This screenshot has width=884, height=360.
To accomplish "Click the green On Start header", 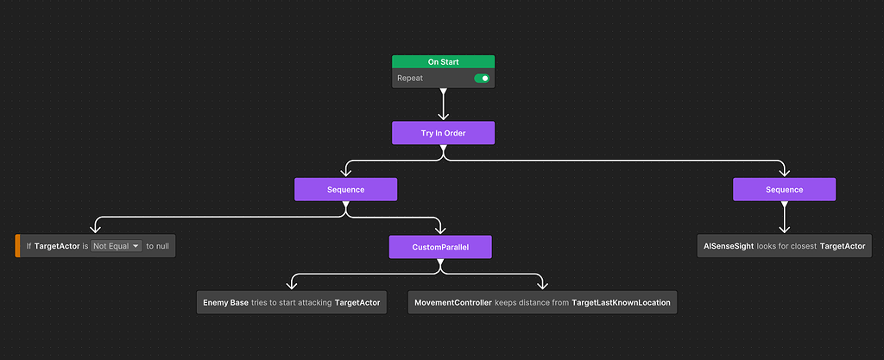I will click(443, 62).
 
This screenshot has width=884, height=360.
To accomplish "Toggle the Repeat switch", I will click(482, 79).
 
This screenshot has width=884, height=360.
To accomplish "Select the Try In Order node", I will click(443, 133).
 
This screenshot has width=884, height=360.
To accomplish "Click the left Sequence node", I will click(345, 189).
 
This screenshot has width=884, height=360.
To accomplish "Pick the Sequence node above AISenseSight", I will click(784, 189).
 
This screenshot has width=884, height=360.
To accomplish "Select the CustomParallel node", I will click(440, 248).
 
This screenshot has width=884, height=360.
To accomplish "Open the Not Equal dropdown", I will click(117, 246).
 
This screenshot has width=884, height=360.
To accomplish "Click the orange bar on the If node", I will click(17, 246).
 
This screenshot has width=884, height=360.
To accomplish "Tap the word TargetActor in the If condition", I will click(57, 246).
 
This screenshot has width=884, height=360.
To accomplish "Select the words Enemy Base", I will click(225, 302).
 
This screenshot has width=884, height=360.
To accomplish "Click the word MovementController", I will click(452, 302).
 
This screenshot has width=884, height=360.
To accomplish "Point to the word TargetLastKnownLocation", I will click(621, 302).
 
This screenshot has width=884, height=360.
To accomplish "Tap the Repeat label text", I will click(410, 79).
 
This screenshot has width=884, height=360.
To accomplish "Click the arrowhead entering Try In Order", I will click(443, 116).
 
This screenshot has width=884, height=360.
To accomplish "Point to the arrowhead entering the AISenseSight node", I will click(784, 229).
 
